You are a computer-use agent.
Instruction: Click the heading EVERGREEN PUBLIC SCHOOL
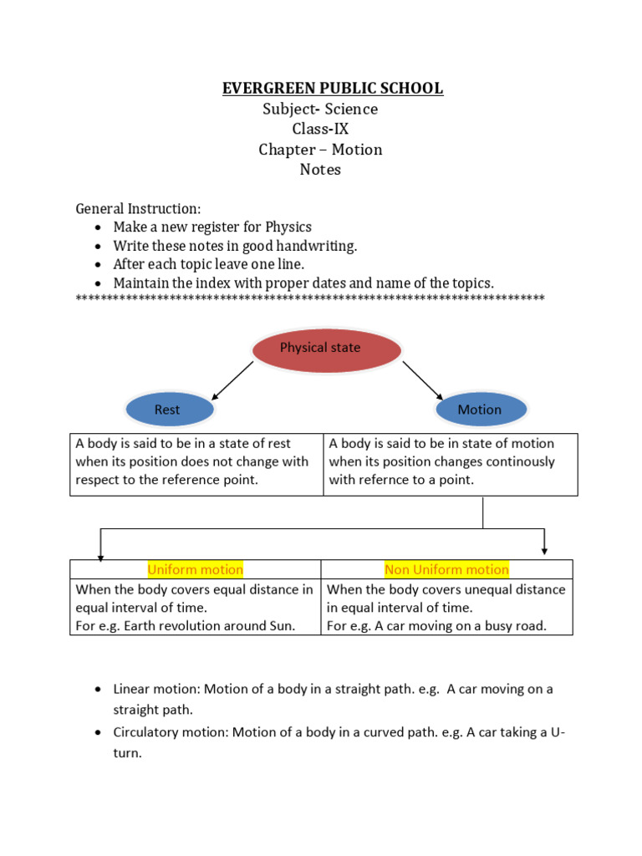333,89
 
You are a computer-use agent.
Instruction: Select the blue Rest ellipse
167,410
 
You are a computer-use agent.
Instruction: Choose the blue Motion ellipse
480,410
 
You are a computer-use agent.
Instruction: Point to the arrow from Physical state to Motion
423,380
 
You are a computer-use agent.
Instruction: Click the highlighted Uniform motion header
196,570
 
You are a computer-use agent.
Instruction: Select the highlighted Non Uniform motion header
446,570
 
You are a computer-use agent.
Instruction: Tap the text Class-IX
320,130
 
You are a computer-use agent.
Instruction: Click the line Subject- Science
320,110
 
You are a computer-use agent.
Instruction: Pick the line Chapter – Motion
320,150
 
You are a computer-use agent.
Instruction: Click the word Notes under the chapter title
320,170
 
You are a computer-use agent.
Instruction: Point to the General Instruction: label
138,208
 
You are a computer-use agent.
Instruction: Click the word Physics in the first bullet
288,227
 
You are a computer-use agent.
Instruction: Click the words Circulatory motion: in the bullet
171,732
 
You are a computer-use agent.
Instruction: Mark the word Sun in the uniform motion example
284,626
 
